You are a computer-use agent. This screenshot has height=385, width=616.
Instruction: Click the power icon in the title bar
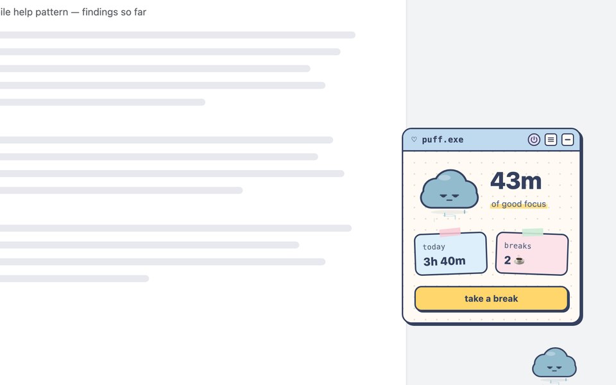(x=534, y=139)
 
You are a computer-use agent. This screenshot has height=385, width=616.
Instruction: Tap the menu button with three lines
(x=551, y=139)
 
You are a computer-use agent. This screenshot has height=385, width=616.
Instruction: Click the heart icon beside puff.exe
(x=414, y=139)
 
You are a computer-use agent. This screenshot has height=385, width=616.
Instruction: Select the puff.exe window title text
(x=442, y=139)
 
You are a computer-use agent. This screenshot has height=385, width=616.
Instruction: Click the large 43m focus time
(x=516, y=181)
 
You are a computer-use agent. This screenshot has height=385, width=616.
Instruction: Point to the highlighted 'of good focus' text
(x=518, y=204)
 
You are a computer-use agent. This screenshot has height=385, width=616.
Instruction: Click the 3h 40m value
(x=444, y=261)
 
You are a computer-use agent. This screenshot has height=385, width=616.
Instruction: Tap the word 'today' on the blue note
(x=434, y=246)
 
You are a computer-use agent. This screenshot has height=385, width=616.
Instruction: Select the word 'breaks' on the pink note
(x=517, y=246)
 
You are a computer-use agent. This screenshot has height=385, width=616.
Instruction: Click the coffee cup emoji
(x=519, y=260)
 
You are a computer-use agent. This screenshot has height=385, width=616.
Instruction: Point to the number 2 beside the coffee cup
(x=508, y=260)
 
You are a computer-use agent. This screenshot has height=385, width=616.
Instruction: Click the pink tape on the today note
(x=450, y=232)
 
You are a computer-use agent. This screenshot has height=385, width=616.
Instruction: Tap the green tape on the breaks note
(x=533, y=232)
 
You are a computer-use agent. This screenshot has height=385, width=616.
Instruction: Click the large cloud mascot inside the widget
(x=449, y=190)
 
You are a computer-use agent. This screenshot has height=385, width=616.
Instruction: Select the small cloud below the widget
(x=554, y=363)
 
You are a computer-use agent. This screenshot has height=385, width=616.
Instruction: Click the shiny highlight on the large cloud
(x=444, y=178)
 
